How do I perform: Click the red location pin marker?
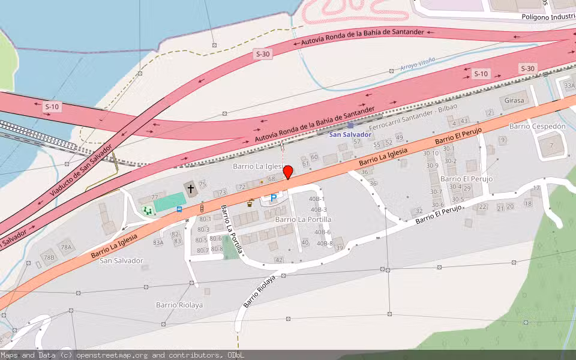coord(288,172)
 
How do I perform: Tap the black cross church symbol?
coord(191,188)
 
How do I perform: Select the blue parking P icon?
coord(274,197)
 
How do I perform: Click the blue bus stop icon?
coord(179,209)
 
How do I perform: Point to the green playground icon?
coord(146,210)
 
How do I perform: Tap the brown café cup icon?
coord(250,203)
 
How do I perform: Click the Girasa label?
coord(515,100)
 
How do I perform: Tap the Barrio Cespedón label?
coord(538,127)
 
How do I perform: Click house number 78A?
coord(65,247)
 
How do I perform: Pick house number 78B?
coord(48,257)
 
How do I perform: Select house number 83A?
coord(158,242)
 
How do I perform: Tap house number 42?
coord(278,260)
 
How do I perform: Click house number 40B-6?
coord(323,232)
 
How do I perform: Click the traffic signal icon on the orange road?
coord(202,208)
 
